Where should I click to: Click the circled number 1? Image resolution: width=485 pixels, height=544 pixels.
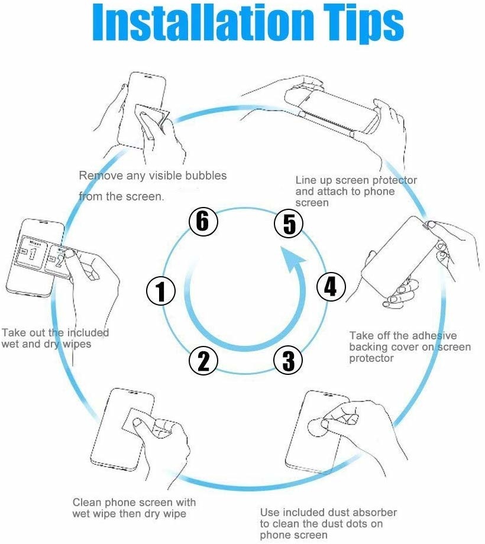click(x=161, y=291)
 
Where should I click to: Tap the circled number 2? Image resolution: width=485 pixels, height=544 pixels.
click(x=203, y=361)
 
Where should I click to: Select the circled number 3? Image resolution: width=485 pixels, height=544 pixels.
click(x=288, y=361)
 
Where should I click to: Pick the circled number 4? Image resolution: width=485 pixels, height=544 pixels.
click(x=331, y=287)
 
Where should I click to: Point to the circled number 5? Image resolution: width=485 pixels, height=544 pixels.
click(x=289, y=223)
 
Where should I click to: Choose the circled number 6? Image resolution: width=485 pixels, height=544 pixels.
click(x=203, y=221)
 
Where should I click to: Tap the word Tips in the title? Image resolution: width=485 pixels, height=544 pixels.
click(x=364, y=24)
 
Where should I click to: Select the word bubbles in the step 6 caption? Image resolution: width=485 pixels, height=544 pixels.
click(x=206, y=175)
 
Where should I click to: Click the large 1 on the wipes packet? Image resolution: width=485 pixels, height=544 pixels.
click(x=32, y=254)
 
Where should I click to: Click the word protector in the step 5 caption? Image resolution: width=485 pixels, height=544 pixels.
click(x=395, y=180)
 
